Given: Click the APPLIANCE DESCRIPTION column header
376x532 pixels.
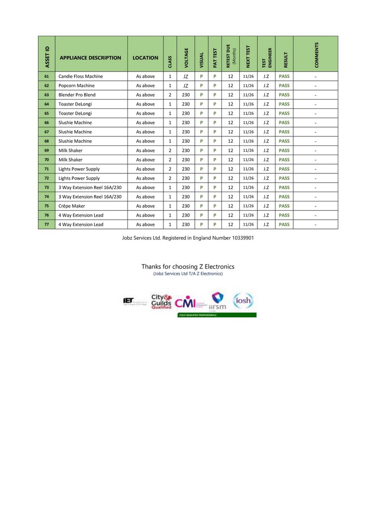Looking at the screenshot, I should click(x=90, y=58).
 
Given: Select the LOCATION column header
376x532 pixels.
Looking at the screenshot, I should click(x=145, y=58).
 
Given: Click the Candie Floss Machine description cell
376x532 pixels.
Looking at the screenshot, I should click(x=81, y=76).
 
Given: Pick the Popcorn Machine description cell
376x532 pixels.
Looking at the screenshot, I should click(x=76, y=86).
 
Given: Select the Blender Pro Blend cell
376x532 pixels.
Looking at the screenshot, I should click(x=77, y=95).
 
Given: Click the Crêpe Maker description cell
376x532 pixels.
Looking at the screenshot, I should click(x=71, y=206).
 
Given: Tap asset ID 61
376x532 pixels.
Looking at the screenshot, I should click(x=46, y=76).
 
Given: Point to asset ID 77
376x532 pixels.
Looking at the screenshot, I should click(x=46, y=225).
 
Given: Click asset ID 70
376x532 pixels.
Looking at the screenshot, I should click(x=46, y=160).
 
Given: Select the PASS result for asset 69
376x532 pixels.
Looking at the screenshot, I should click(x=284, y=150).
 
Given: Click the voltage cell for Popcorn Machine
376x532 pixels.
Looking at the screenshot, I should click(x=186, y=86).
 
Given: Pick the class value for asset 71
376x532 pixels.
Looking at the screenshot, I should click(x=170, y=169).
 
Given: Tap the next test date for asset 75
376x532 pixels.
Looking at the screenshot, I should click(x=248, y=206).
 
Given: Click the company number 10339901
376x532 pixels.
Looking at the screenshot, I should click(x=240, y=237).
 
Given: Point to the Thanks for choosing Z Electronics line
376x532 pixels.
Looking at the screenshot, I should click(x=188, y=266).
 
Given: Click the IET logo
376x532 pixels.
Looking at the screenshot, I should click(x=129, y=300).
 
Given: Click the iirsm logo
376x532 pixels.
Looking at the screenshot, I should click(x=218, y=301).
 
